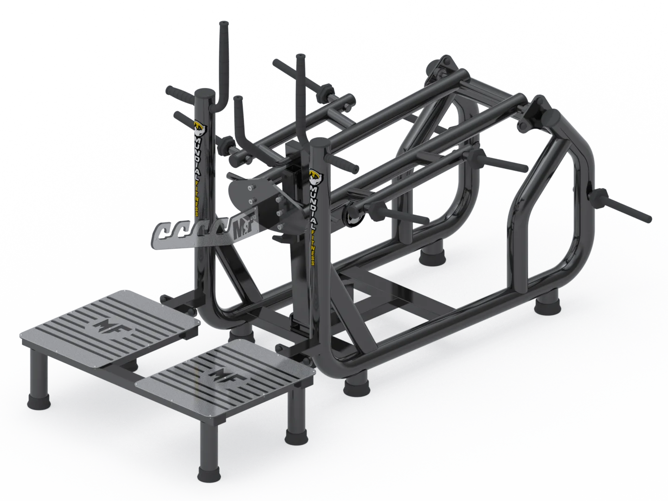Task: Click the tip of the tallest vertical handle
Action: tap(224, 23)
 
